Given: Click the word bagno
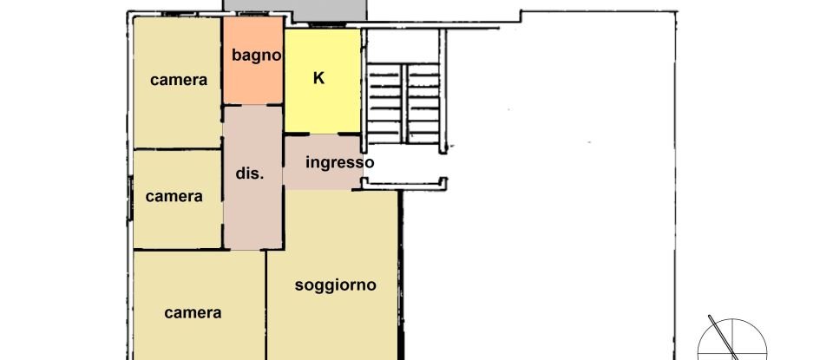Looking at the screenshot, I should click(257, 56).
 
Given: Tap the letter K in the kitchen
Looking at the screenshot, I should click(318, 78).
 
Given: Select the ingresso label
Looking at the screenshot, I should click(340, 162).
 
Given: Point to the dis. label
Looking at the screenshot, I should click(249, 173).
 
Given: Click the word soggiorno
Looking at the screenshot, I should click(335, 285).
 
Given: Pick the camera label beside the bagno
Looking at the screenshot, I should click(179, 80).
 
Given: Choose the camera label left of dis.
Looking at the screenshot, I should click(174, 196).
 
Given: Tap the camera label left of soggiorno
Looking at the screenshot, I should click(193, 313).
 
